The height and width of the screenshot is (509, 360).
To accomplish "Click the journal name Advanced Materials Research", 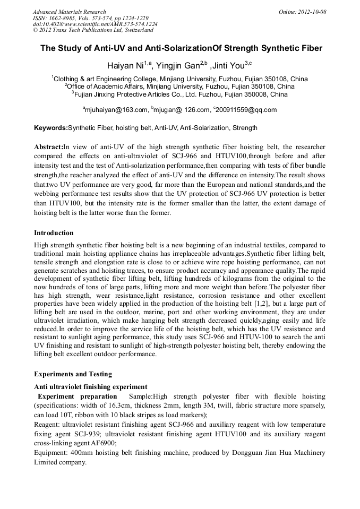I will click(69, 12).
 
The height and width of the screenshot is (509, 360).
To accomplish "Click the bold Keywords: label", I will click(51, 128).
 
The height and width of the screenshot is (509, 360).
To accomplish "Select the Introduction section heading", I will click(54, 233).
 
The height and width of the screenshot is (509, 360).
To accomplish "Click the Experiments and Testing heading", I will click(73, 374).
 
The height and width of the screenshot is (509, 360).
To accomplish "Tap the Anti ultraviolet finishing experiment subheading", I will click(90, 386).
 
